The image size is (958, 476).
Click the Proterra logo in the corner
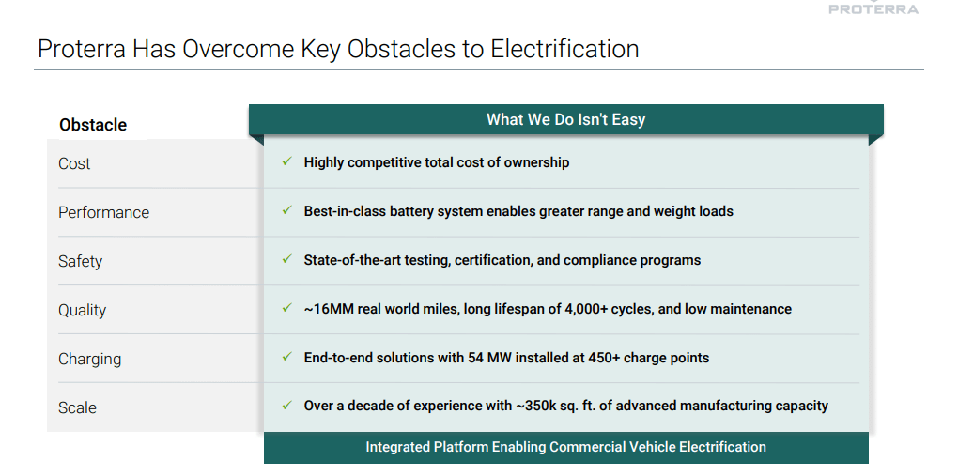(x=873, y=8)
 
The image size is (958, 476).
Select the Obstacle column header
(x=93, y=125)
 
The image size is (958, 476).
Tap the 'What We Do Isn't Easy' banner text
(x=565, y=119)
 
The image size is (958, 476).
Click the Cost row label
(x=74, y=163)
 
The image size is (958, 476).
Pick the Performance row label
(x=103, y=212)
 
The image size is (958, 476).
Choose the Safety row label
(x=80, y=261)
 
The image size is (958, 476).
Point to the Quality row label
(x=82, y=310)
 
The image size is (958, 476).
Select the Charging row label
(x=89, y=359)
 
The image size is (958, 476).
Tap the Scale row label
(x=77, y=407)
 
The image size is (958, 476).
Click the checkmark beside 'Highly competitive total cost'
(x=287, y=161)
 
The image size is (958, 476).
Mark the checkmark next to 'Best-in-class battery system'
(x=287, y=210)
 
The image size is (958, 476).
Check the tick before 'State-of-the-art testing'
(x=287, y=259)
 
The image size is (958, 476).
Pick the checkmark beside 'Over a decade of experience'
(x=287, y=406)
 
